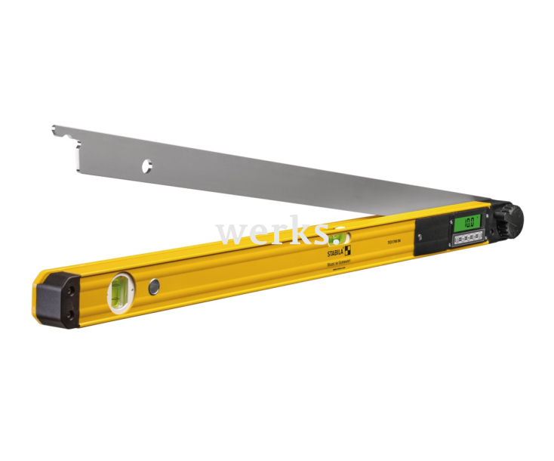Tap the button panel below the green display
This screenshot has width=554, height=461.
point(466,240)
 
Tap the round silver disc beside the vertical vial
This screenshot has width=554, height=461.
point(154,286)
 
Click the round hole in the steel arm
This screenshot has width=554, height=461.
point(146,163)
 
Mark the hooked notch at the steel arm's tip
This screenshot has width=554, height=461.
point(57,133)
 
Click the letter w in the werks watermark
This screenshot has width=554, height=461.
point(229,234)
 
